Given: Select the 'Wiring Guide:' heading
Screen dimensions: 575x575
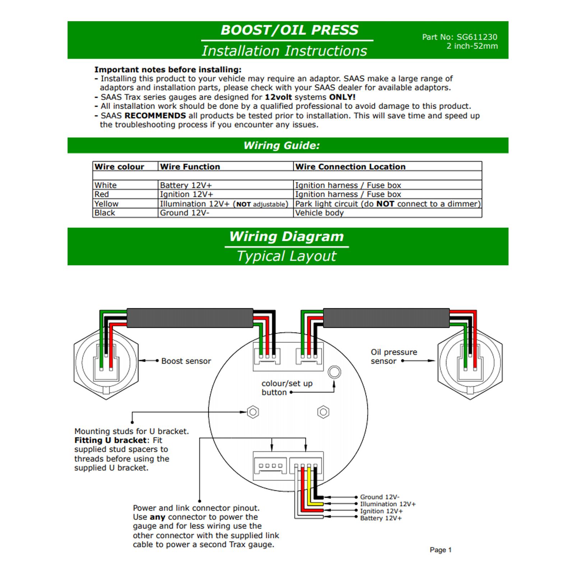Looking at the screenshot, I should [281, 146].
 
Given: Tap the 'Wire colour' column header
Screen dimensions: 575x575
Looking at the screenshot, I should [119, 167].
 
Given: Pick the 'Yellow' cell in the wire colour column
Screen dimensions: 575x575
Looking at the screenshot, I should [106, 204].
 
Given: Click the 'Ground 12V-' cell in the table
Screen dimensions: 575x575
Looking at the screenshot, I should [184, 213].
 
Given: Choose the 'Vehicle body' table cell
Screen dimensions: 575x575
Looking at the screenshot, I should [319, 213].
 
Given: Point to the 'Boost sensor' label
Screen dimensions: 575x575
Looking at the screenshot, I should [186, 361].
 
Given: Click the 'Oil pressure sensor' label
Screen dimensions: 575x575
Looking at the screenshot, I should [394, 356].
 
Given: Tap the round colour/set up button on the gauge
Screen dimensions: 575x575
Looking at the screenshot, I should [334, 372].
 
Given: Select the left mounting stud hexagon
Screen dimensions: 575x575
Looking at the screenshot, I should [253, 412].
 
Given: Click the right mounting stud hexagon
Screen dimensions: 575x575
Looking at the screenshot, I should [323, 412].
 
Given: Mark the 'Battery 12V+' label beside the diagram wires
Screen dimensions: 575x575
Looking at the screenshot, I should [381, 518].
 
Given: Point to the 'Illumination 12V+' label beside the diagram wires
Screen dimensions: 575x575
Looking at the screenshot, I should [388, 504].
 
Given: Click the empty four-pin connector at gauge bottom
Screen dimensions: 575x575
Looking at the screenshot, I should [270, 466].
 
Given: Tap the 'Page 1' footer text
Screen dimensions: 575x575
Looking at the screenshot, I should [441, 550].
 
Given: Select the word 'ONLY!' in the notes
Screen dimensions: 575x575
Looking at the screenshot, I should [342, 97].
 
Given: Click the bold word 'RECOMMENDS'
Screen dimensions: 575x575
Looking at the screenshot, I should [155, 116].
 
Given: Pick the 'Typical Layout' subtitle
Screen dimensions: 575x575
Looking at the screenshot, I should [286, 256].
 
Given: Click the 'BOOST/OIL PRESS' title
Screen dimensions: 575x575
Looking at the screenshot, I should [289, 30].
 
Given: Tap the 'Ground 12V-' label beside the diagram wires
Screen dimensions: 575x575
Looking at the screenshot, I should [379, 497].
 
